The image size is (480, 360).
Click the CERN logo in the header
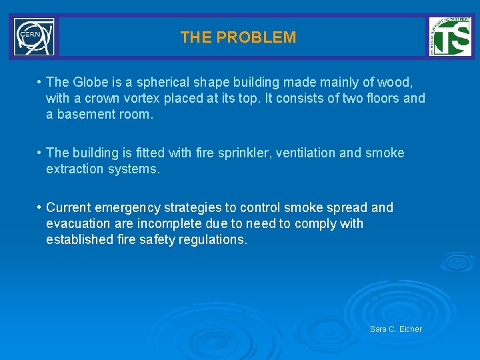(34, 37)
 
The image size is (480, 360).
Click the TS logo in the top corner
(449, 36)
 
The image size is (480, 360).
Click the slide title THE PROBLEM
(238, 37)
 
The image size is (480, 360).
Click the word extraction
(75, 169)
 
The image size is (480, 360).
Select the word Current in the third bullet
(68, 207)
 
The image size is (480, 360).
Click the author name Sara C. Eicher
(396, 329)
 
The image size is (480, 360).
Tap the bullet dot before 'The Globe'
(40, 82)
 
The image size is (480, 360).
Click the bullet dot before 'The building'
(40, 153)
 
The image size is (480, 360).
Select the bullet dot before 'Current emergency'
(40, 207)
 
